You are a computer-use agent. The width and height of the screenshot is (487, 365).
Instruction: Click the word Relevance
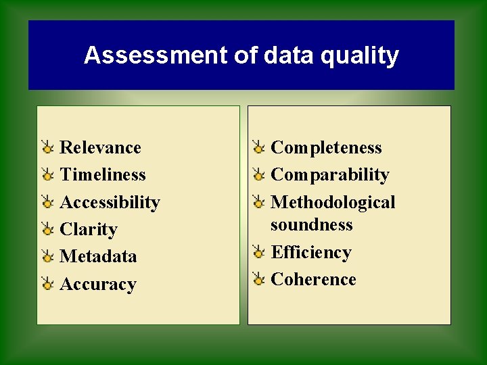(100, 147)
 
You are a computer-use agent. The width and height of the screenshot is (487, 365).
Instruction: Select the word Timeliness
(103, 174)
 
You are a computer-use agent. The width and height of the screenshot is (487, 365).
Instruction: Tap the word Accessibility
(110, 202)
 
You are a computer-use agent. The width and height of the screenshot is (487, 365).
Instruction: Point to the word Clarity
(89, 230)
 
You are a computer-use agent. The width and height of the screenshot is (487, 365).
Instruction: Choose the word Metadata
(98, 256)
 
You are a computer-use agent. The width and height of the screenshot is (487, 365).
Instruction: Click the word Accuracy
(98, 285)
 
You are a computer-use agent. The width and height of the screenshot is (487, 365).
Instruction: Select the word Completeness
(326, 147)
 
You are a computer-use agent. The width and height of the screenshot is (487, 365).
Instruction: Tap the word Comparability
(330, 175)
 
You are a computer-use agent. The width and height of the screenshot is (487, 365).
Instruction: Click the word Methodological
(333, 202)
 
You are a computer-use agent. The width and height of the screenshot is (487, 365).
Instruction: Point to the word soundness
(311, 224)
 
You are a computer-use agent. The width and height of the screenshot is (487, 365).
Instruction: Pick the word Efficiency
(311, 252)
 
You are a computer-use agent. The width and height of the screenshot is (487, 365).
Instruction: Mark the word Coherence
(313, 279)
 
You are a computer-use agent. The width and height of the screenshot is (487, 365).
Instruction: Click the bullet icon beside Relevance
(47, 147)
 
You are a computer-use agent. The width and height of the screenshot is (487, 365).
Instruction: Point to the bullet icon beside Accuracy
(47, 284)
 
